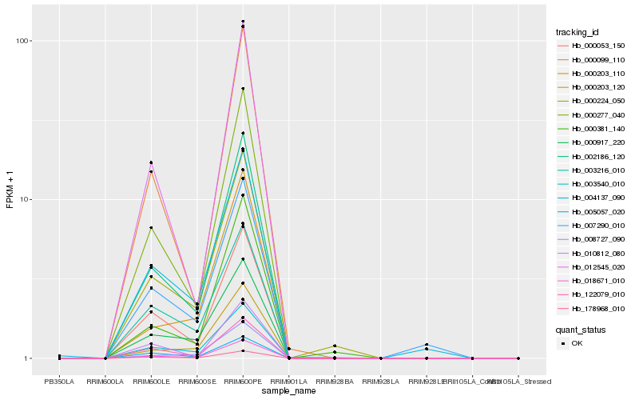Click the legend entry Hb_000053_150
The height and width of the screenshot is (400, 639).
tap(592, 46)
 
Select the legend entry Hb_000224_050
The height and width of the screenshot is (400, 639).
tap(592, 101)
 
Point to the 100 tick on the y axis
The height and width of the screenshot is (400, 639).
tap(24, 41)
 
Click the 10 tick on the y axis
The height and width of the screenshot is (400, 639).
tap(26, 199)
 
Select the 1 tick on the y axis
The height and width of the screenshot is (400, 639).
tap(29, 358)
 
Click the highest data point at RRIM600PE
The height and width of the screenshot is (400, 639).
tap(243, 22)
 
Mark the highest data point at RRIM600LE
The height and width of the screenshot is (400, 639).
tap(151, 162)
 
